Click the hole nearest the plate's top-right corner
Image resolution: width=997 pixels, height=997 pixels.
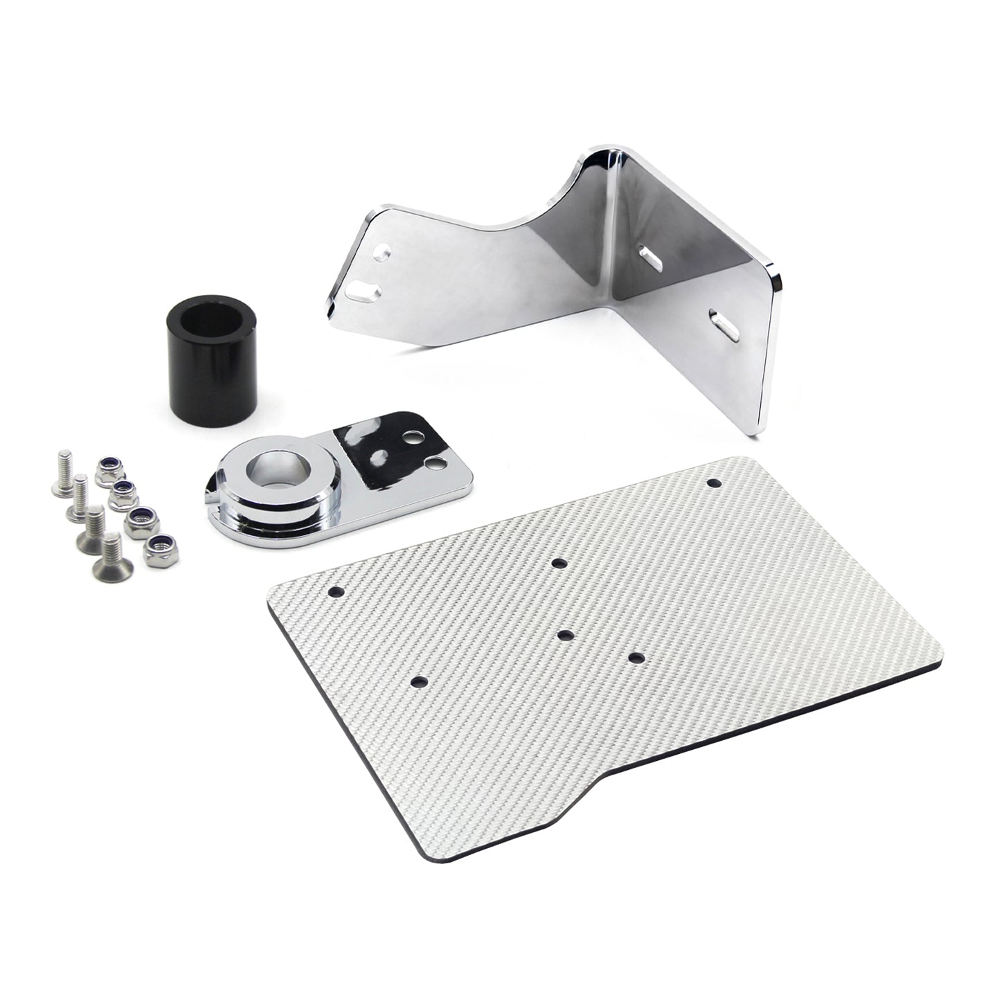(714, 482)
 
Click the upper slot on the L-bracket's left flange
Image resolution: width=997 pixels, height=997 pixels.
(381, 251)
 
